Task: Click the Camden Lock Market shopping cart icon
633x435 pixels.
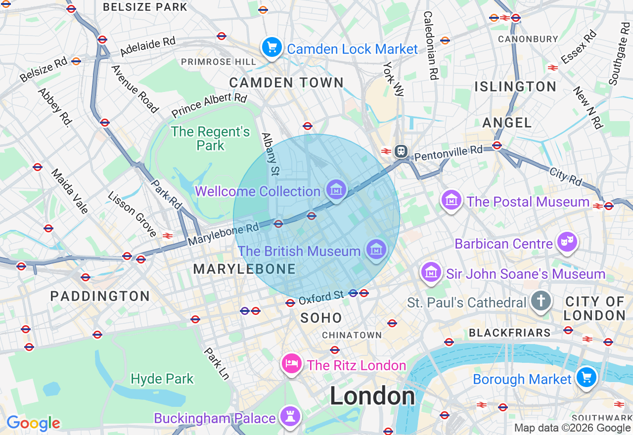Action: (271, 48)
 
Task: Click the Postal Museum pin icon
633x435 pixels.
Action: (451, 201)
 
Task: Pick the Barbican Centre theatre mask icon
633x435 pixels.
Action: (567, 242)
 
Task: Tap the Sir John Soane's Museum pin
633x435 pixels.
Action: (431, 272)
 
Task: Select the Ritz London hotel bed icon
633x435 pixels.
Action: (292, 364)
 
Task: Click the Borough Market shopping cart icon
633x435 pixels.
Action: (587, 378)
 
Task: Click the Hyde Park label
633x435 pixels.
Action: (162, 379)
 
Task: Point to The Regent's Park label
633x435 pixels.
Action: (211, 138)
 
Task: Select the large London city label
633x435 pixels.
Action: (372, 396)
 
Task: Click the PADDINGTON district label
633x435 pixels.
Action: (100, 296)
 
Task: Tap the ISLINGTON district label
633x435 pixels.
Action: (515, 87)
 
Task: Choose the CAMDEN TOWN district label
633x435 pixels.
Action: (286, 83)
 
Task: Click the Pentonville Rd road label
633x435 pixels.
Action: (448, 153)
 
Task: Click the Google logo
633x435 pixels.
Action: (33, 423)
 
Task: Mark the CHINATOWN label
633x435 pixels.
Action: (352, 335)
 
